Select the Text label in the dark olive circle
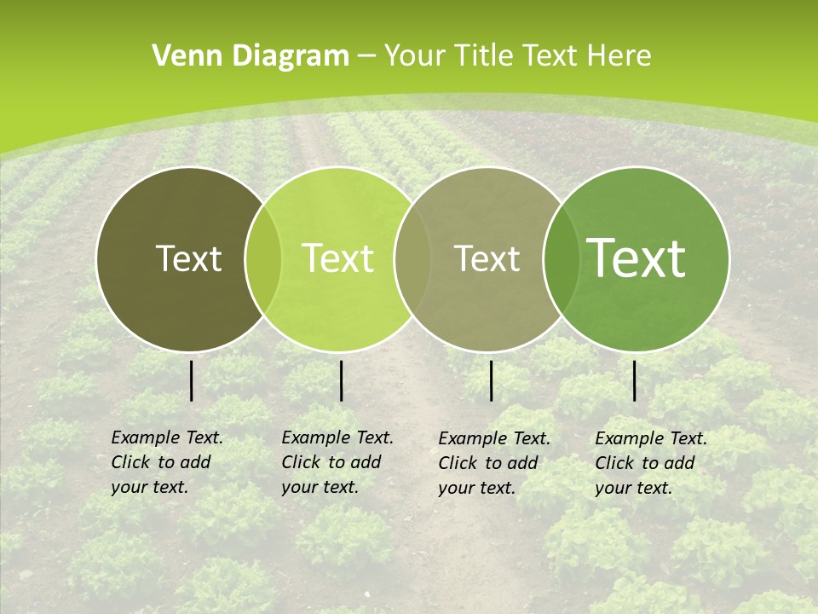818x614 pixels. click(188, 258)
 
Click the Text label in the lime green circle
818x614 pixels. click(338, 258)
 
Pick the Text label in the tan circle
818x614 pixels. click(487, 258)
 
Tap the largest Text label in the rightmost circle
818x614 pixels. click(637, 258)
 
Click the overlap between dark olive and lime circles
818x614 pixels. click(263, 259)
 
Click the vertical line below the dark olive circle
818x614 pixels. click(192, 380)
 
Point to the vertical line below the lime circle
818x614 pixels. click(341, 380)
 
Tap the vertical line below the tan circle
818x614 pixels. click(492, 380)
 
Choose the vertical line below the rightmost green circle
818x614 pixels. click(635, 380)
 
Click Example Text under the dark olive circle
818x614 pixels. click(167, 437)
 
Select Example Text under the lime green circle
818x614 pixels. click(337, 437)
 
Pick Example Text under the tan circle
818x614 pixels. click(494, 438)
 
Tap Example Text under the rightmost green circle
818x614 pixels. click(651, 438)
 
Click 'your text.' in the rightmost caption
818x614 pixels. click(633, 488)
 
